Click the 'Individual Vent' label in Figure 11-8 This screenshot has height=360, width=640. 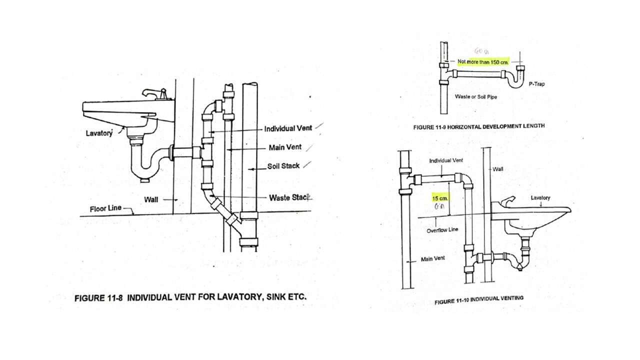click(288, 128)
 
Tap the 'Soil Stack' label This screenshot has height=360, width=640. click(283, 166)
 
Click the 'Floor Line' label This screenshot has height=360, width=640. click(105, 208)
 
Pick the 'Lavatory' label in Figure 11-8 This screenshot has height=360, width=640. click(98, 133)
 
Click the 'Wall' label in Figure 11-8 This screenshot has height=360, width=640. click(151, 199)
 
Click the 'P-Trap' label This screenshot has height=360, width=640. click(537, 84)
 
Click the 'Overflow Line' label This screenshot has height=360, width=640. click(442, 230)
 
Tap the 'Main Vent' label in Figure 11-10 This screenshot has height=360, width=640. click(432, 258)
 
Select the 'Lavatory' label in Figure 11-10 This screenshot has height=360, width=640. click(540, 198)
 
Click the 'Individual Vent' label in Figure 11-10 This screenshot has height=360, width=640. click(446, 160)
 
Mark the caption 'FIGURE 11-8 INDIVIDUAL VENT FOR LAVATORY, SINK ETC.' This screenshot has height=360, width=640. click(190, 297)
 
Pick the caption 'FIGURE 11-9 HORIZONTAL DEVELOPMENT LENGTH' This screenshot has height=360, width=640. click(478, 127)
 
